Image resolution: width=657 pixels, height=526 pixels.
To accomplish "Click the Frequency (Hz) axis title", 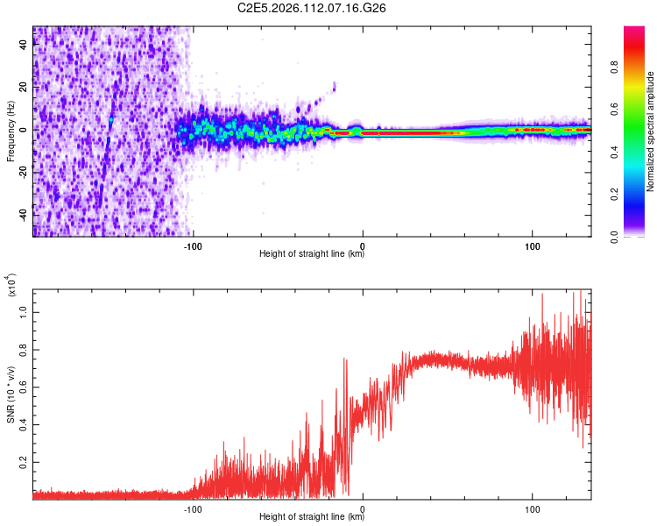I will point(11,131).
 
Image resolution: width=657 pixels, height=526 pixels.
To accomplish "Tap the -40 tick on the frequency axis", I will point(25,215).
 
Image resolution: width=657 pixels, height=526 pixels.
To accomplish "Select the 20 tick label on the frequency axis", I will point(25,88).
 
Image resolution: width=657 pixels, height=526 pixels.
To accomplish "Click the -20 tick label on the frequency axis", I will point(25,173).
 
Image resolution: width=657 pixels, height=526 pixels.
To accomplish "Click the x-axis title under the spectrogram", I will point(312,254).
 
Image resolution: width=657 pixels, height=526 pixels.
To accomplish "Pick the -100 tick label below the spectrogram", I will point(193,245).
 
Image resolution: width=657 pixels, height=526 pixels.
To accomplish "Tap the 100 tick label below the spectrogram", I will point(532,245).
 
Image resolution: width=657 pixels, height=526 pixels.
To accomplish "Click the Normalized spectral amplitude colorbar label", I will point(651,131).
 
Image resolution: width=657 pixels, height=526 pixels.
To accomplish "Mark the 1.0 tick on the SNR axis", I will point(25,311).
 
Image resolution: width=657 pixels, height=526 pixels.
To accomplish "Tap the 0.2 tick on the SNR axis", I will point(25,460).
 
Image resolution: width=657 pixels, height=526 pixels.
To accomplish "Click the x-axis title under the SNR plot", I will point(312,517).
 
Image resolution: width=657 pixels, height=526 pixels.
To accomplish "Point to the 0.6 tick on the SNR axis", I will point(25,386).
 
